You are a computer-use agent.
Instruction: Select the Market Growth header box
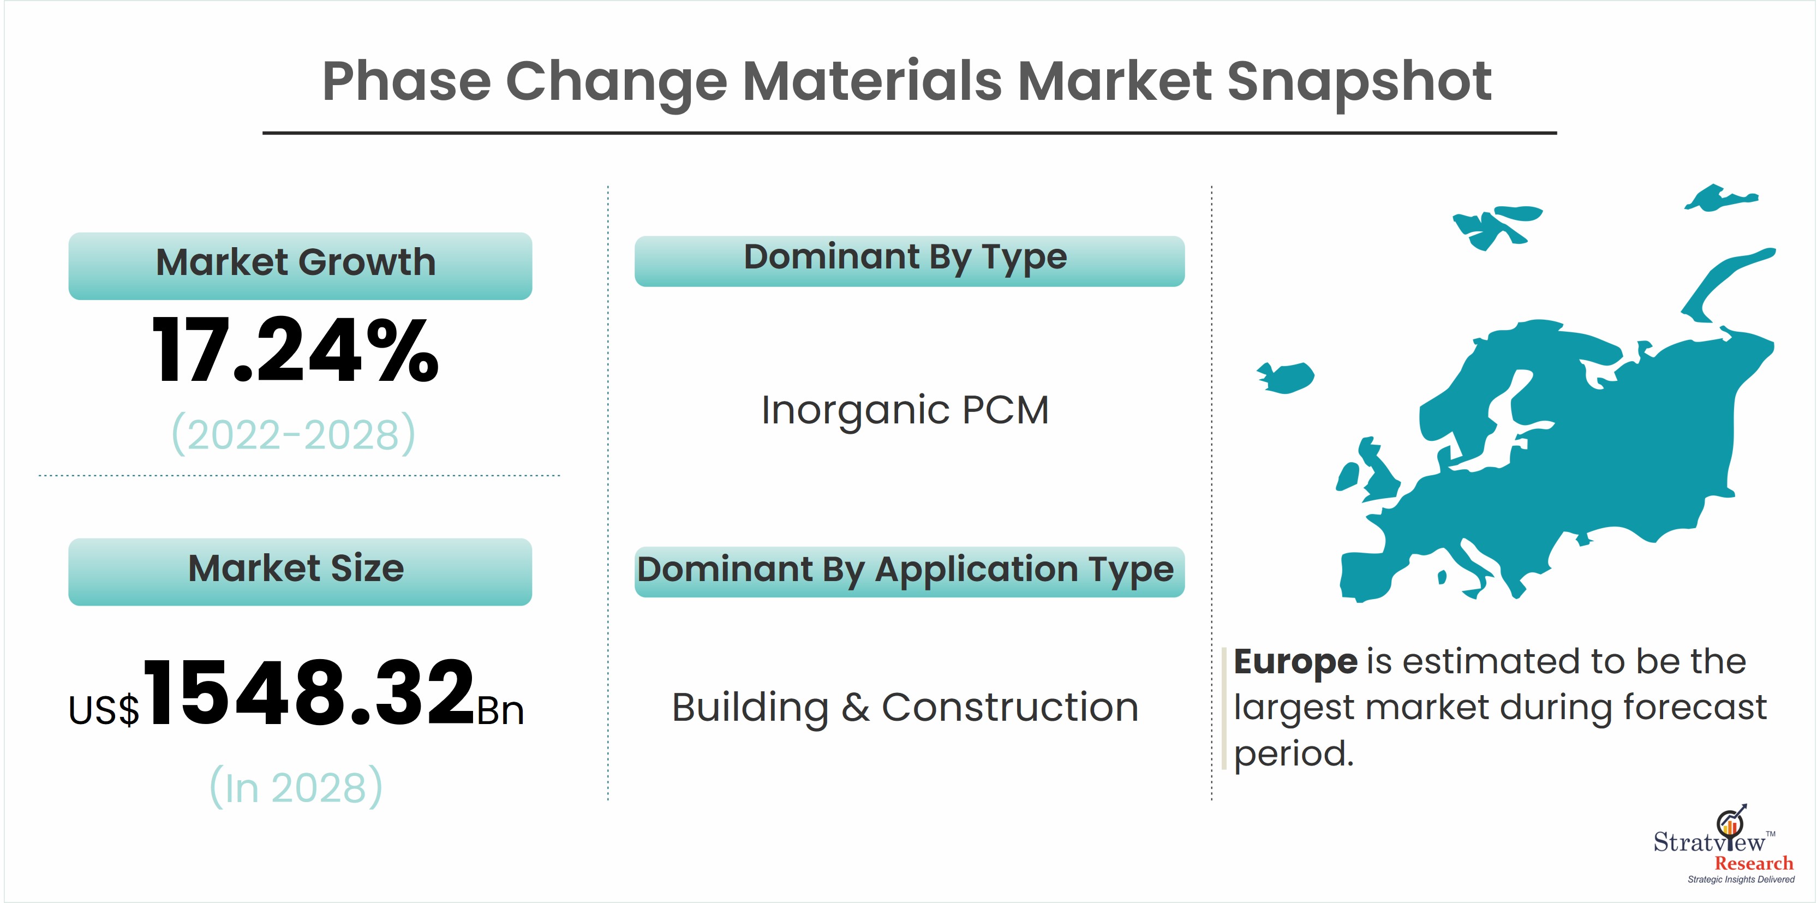[x=300, y=266]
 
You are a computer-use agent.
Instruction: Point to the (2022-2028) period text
[x=294, y=434]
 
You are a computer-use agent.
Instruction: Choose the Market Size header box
[x=300, y=571]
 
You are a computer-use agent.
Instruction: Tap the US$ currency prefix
[x=104, y=710]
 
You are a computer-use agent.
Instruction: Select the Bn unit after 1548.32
[x=501, y=710]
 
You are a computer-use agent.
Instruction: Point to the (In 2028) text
[x=296, y=787]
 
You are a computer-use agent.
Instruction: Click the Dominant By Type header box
[x=909, y=261]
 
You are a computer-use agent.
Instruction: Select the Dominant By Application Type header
[x=909, y=571]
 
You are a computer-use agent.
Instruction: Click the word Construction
[x=1010, y=707]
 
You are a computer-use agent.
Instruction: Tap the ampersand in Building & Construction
[x=855, y=707]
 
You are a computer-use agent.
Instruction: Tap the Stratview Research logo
[x=1723, y=844]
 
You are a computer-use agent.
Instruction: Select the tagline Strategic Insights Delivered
[x=1741, y=879]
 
